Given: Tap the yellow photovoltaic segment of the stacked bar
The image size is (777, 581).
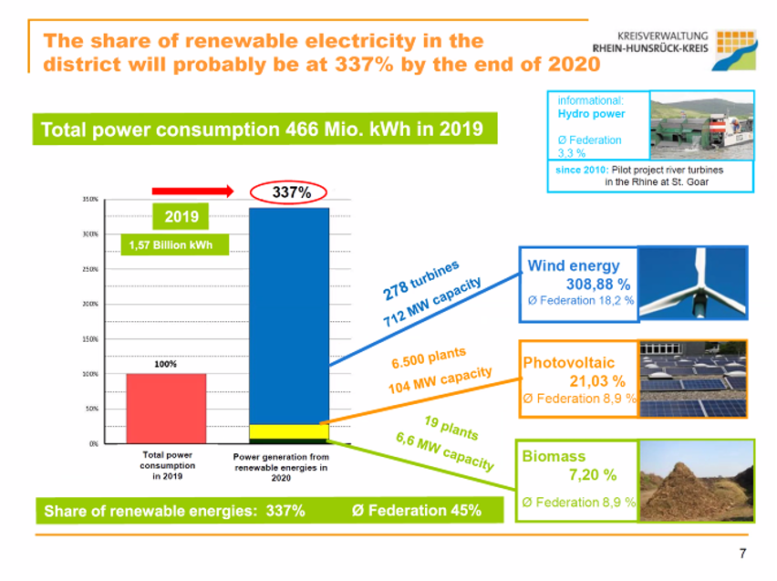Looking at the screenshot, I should coord(288,431).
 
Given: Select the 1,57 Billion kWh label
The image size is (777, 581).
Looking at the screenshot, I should coord(171,244).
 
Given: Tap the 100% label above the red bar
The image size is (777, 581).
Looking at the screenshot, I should coord(165,364).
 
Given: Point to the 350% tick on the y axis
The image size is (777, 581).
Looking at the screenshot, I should coord(89,199).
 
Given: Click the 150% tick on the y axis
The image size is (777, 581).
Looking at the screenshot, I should coord(89,338).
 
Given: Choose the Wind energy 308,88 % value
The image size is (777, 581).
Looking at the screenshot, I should coord(597,284).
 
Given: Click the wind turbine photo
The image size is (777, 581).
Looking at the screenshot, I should coord(692,284).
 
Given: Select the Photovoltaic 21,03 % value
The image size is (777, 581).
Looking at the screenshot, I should coord(597,381).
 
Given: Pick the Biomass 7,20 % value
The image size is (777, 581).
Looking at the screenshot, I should coord(592,474).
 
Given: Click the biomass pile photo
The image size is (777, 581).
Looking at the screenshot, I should coord(696,480).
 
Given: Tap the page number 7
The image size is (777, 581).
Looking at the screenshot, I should coord(741,553).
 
